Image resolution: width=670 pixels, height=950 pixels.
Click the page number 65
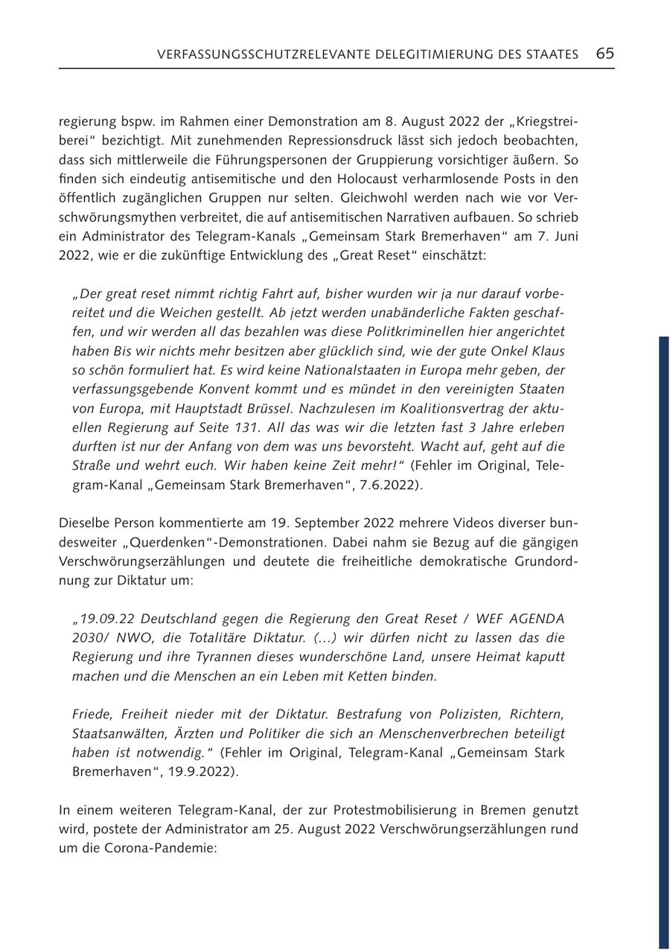pyautogui.click(x=604, y=54)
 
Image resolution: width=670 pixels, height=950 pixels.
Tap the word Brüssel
pyautogui.click(x=260, y=408)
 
